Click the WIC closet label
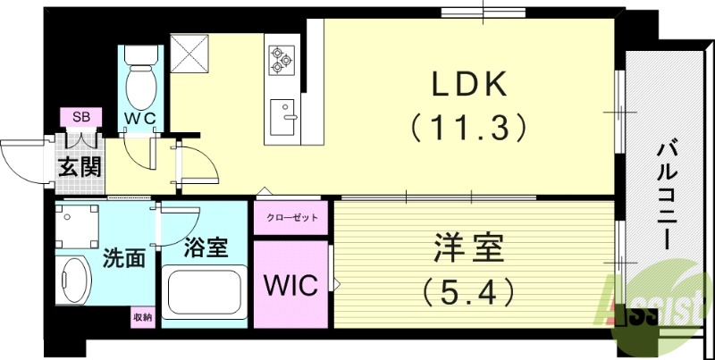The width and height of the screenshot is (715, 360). tap(290, 286)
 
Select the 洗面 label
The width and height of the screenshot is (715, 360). tap(123, 259)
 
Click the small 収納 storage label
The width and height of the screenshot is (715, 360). tap(142, 316)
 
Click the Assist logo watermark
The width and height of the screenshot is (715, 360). tap(657, 299)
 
